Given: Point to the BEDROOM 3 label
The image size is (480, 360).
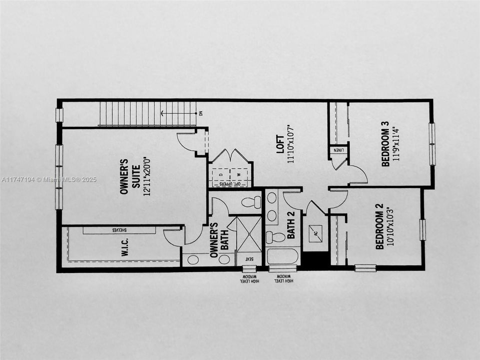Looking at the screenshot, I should (x=385, y=148).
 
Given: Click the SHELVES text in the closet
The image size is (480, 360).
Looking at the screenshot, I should (x=119, y=230).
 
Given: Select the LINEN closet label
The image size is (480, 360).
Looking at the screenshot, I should (x=338, y=149).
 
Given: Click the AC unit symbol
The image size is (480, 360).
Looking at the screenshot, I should (x=316, y=232).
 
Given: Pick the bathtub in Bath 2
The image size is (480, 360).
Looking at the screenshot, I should (x=282, y=256).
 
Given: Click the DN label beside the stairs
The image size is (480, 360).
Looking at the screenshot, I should (x=201, y=113).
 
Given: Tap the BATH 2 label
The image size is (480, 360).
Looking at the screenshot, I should (x=291, y=225).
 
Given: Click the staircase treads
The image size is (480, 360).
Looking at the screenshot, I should (x=147, y=113).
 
